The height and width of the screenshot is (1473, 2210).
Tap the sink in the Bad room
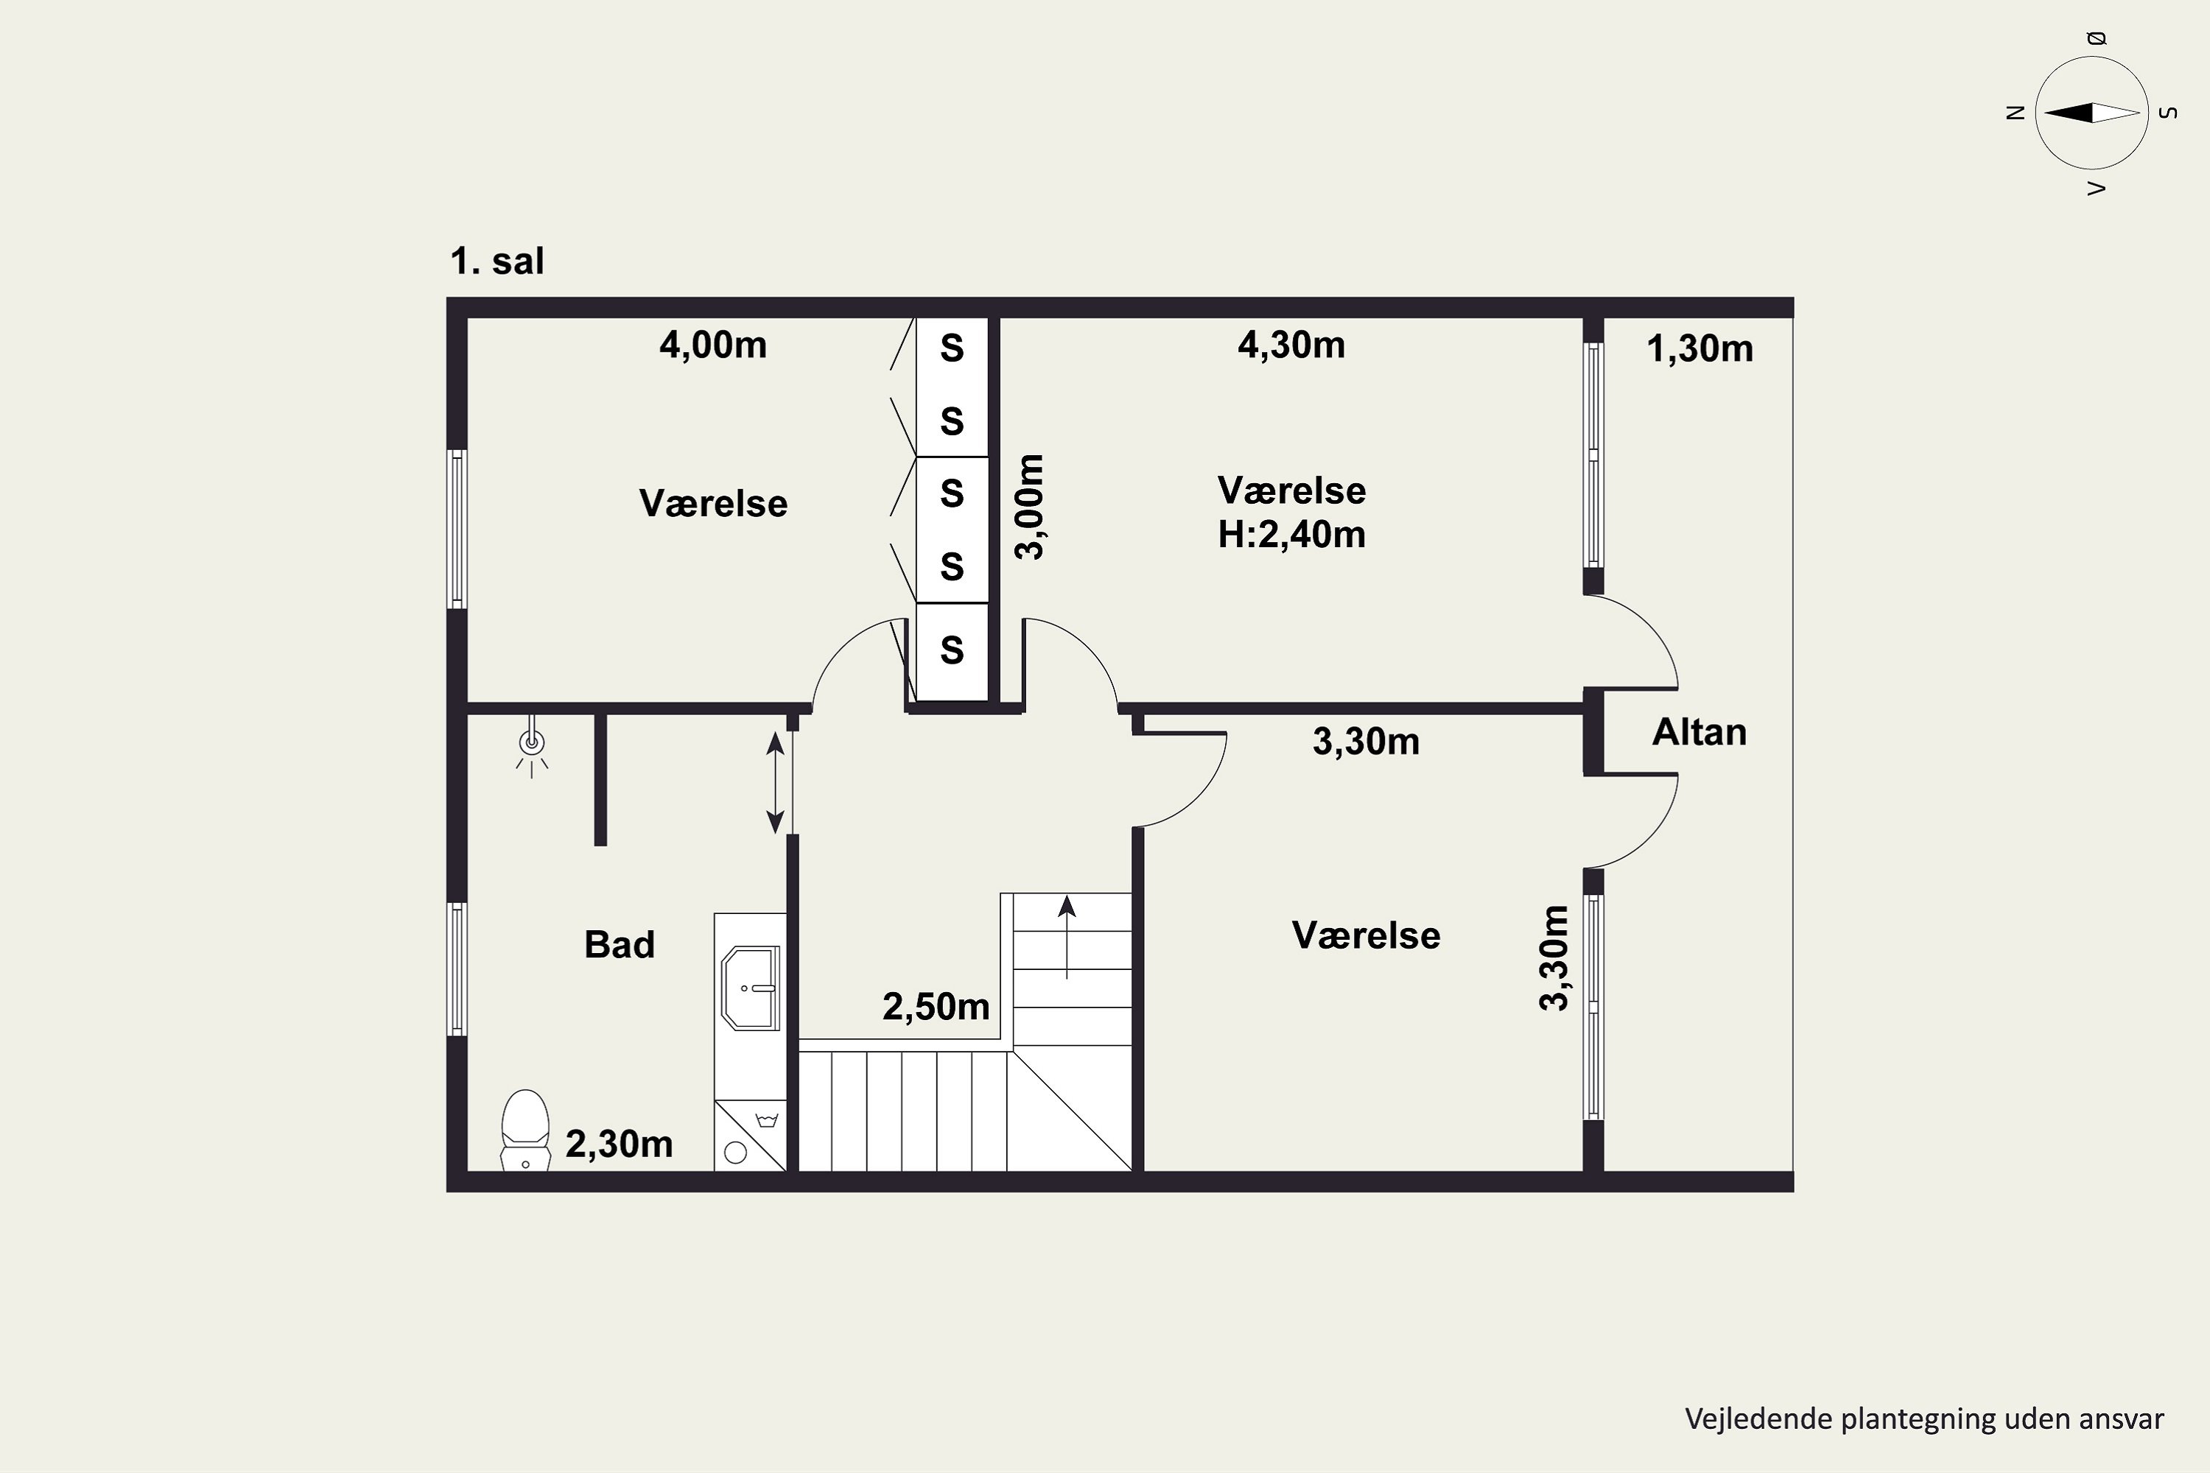(751, 988)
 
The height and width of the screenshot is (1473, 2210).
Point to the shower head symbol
(532, 747)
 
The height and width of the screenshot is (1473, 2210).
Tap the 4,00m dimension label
(713, 345)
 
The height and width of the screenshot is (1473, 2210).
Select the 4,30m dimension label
(1291, 345)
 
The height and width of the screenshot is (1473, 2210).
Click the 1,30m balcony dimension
(1699, 349)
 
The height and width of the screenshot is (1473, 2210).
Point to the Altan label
(1699, 733)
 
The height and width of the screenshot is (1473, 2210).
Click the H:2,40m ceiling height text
(1292, 535)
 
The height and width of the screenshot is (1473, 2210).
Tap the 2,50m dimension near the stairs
(936, 1007)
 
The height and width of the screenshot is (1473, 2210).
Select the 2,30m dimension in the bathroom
(620, 1145)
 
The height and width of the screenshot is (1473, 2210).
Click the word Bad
(620, 944)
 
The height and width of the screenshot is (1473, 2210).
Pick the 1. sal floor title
(497, 261)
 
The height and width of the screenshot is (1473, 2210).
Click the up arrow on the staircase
(1067, 937)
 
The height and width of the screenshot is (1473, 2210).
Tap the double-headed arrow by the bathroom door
(775, 784)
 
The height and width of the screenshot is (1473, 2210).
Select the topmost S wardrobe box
(952, 349)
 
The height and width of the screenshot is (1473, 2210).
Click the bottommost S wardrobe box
(952, 651)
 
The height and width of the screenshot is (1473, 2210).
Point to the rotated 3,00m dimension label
(1030, 507)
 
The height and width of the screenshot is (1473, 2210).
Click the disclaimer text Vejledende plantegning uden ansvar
(1924, 1418)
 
